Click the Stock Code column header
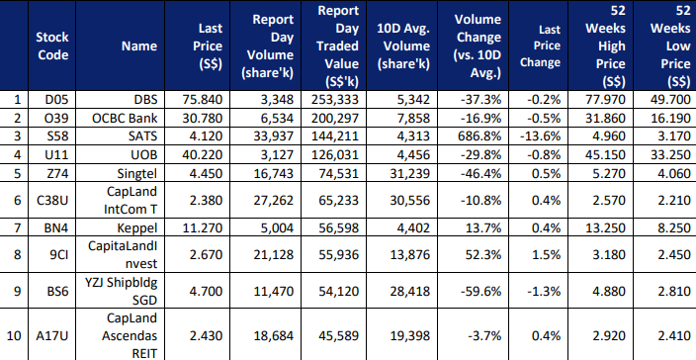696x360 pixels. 52,45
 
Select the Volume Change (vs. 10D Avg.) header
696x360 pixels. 478,45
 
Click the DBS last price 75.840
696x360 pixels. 203,100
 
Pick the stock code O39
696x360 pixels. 56,119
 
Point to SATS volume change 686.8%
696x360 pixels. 479,135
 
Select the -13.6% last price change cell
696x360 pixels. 540,135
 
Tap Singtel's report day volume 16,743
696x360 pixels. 274,173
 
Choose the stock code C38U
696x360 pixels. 52,200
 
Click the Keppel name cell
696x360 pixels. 137,228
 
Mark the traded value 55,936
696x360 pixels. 338,255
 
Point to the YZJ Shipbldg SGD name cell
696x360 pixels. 122,291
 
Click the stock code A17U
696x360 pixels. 52,336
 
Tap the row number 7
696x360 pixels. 18,228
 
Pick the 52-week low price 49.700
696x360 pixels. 670,100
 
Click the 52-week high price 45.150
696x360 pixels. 605,155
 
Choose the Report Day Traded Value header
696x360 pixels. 338,45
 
